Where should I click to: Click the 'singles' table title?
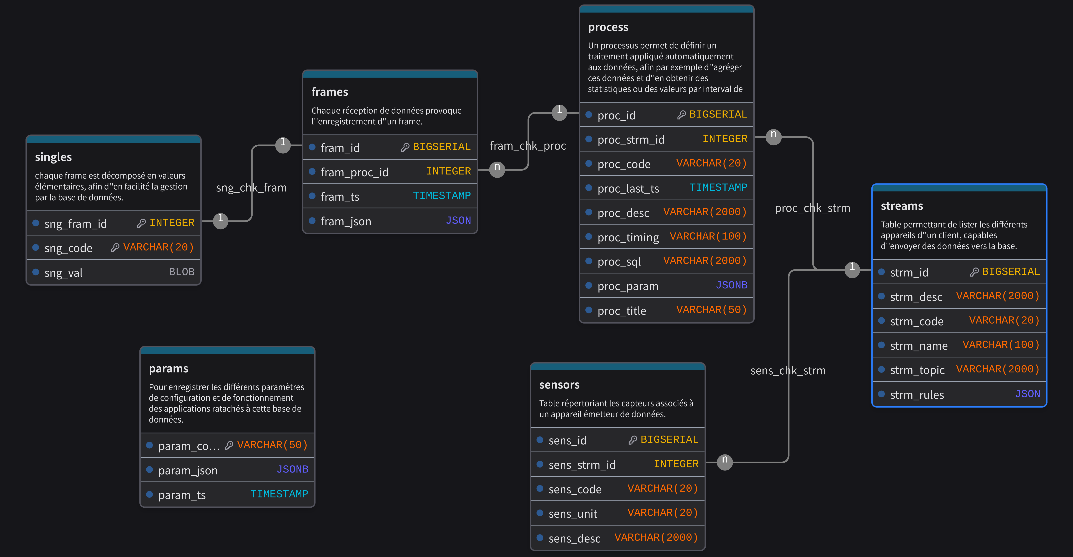point(53,157)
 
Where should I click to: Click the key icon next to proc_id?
point(682,115)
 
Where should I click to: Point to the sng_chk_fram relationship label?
point(251,188)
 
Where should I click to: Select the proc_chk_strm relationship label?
point(812,208)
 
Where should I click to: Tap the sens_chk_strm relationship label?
point(788,371)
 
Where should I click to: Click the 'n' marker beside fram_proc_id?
point(497,169)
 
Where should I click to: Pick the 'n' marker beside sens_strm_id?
point(725,461)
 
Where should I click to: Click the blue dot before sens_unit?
point(540,513)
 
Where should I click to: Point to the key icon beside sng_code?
point(115,248)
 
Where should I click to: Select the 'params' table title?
point(168,368)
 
